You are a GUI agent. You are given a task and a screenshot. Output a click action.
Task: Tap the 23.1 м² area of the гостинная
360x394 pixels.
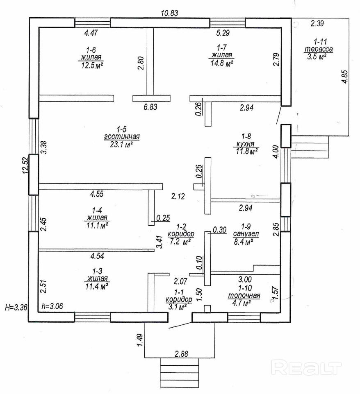(123, 145)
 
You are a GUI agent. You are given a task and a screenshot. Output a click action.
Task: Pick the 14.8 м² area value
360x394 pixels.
(222, 63)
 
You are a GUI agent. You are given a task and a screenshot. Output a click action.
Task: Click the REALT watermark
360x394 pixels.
(307, 367)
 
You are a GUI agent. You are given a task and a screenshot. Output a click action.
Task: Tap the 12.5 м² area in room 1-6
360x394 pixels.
(91, 65)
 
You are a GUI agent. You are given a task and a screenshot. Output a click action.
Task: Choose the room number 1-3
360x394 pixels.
(97, 271)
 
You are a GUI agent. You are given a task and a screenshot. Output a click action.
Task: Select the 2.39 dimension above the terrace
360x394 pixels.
(318, 23)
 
